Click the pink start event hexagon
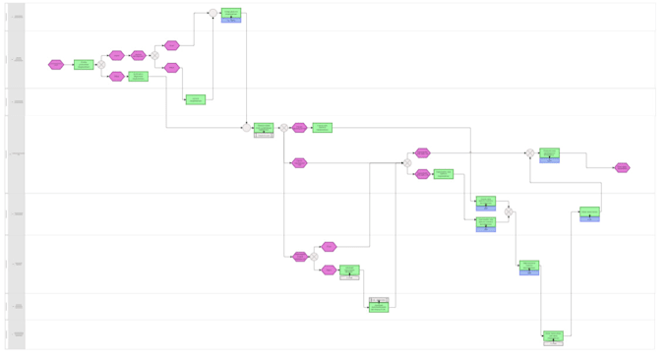click(56, 65)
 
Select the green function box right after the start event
click(84, 65)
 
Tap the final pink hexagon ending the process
click(622, 168)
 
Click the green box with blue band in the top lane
click(231, 15)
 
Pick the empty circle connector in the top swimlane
click(213, 14)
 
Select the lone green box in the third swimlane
click(196, 99)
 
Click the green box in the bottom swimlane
click(554, 336)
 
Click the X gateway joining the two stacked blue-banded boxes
click(509, 211)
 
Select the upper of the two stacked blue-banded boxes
click(486, 202)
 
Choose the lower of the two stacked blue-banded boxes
click(486, 223)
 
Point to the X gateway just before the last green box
click(529, 153)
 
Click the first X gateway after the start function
click(101, 65)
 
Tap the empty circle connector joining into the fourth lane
click(246, 128)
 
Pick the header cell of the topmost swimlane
click(16, 17)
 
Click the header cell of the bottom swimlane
click(16, 334)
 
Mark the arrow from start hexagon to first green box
click(69, 65)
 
